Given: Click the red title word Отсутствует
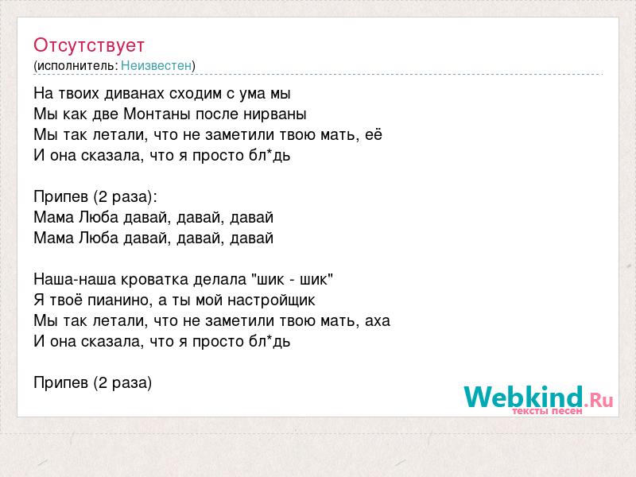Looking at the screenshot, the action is [89, 45].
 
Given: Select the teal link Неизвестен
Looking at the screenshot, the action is [156, 65].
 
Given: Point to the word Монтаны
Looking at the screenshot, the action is [157, 114].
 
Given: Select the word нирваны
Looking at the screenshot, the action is [274, 114].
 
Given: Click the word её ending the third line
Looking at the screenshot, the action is [374, 134].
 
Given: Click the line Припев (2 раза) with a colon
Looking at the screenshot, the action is [95, 196].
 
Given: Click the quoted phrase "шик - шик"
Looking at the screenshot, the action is [292, 279].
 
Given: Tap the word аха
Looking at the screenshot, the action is [378, 321].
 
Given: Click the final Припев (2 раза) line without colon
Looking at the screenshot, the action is [93, 382].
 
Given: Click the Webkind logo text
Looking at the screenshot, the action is [523, 397].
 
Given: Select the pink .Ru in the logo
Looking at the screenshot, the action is [599, 400].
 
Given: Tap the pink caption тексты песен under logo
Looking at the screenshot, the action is [547, 411].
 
